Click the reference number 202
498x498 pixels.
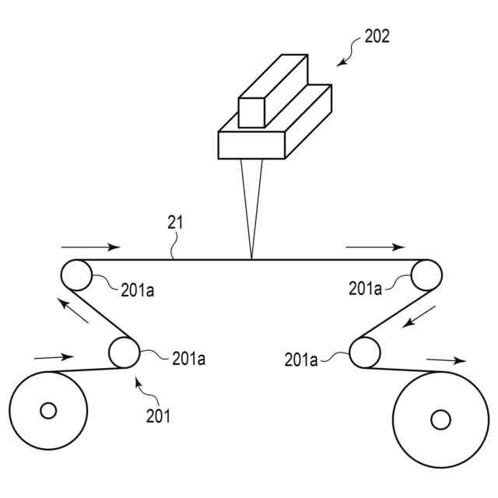click(377, 36)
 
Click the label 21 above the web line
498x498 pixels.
click(175, 223)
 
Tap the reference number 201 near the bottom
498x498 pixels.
click(158, 416)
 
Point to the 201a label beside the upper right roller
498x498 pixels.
click(366, 289)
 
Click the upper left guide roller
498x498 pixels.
click(76, 275)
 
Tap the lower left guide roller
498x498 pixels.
click(123, 352)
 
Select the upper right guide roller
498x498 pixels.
click(426, 275)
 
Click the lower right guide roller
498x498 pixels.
click(364, 353)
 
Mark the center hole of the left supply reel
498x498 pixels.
click(48, 410)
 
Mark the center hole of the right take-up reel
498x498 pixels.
click(440, 420)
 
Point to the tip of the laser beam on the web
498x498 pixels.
click(252, 258)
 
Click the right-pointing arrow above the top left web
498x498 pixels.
click(90, 247)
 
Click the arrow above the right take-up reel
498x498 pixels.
click(446, 360)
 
